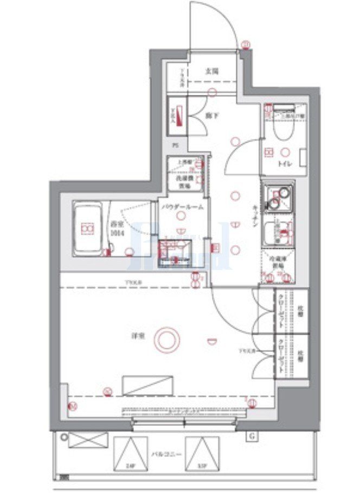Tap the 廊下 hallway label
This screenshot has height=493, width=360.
click(x=211, y=116)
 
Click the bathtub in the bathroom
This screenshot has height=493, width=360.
click(x=87, y=229)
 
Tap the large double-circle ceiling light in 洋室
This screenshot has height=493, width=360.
click(x=166, y=340)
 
